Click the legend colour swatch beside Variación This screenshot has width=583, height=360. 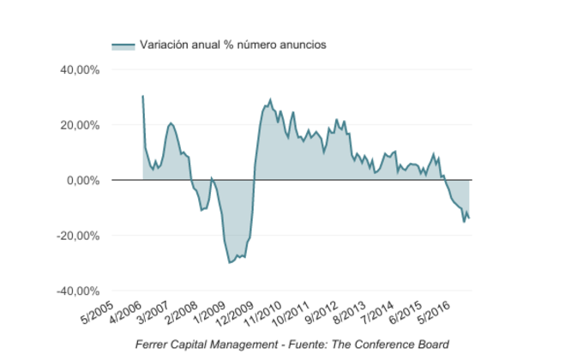[123, 45]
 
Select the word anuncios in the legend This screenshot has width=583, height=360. [299, 45]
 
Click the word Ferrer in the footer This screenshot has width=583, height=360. [153, 345]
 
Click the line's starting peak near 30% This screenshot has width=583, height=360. [142, 96]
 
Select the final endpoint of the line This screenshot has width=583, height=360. [469, 219]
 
